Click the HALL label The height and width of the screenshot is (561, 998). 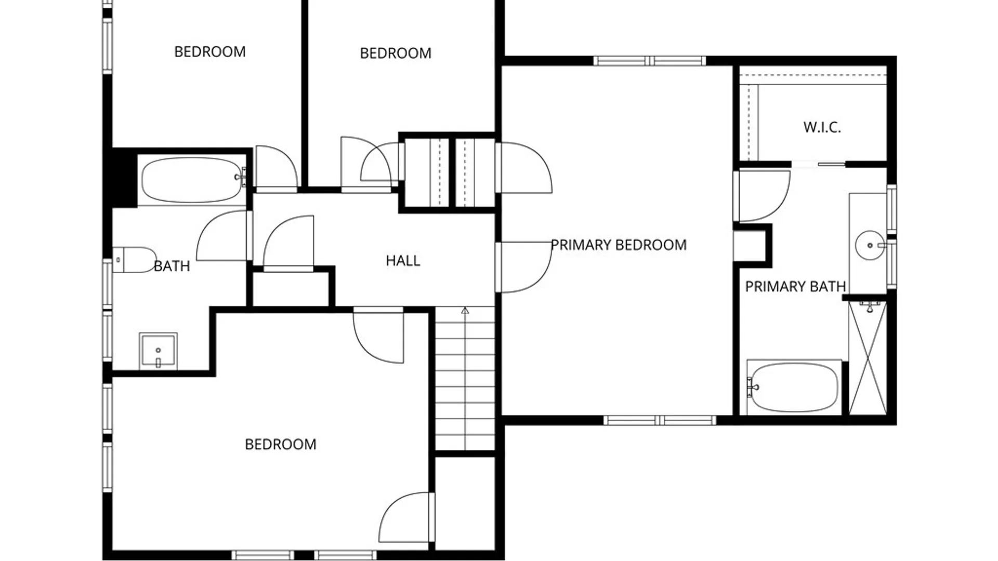tap(403, 261)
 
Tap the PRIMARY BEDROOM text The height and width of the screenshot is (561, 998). tap(619, 245)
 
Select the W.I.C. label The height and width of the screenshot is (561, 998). tap(822, 127)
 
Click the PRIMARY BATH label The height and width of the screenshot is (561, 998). tap(795, 287)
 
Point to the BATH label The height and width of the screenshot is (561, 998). tap(172, 266)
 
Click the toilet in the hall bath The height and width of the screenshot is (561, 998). tap(134, 260)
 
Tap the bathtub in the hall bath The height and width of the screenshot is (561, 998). tap(192, 180)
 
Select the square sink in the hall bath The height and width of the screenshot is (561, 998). tap(158, 351)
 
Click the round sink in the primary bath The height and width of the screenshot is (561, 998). tap(870, 245)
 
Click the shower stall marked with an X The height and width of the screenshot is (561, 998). tap(868, 358)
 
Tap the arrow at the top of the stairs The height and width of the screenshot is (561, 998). tap(465, 311)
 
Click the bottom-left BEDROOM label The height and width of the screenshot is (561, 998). tap(281, 445)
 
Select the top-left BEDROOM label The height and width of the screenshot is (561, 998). tap(210, 52)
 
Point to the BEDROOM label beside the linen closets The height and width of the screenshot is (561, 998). tap(396, 54)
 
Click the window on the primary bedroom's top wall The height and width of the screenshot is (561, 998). tap(649, 61)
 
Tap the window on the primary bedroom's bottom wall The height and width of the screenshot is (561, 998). tap(660, 420)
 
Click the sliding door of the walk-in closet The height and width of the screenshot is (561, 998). tap(819, 165)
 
